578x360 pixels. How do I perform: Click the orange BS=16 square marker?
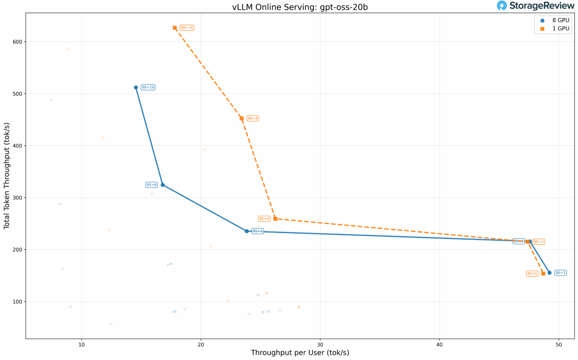click(175, 28)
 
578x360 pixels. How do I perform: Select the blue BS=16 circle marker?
click(136, 88)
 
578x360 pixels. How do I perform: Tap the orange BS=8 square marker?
click(242, 118)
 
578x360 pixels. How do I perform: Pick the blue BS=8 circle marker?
click(163, 185)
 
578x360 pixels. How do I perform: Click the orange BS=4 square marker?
click(275, 219)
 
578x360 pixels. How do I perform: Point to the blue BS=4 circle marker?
click(246, 231)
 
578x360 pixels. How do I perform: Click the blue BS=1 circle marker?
click(549, 273)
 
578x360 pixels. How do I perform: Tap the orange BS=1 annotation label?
click(532, 274)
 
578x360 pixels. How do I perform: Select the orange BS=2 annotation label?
click(539, 242)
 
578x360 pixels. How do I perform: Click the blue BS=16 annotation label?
click(148, 88)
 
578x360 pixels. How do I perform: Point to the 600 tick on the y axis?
click(17, 42)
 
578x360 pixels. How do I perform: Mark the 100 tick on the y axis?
click(17, 302)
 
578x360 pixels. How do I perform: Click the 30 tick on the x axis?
click(320, 345)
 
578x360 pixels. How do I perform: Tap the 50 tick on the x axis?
click(559, 345)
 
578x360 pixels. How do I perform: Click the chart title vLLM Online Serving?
click(300, 7)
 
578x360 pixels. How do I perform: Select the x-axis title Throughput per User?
click(300, 353)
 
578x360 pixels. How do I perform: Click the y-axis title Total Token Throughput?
click(7, 176)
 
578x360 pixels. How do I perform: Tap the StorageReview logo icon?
click(502, 6)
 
